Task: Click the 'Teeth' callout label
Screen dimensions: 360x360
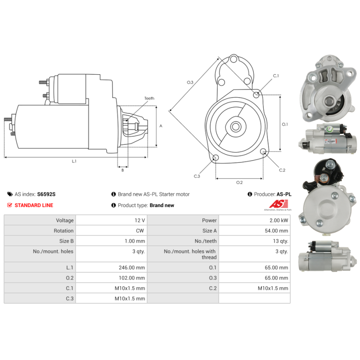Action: click(149, 98)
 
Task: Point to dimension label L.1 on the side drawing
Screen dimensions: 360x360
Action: click(74, 161)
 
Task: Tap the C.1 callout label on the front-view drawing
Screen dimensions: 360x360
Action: click(276, 76)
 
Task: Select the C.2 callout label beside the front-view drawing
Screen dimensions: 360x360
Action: click(282, 170)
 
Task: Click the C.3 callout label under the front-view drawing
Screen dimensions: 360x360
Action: click(197, 176)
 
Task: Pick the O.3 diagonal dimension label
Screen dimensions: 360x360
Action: click(190, 82)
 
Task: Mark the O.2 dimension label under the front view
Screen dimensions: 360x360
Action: click(239, 182)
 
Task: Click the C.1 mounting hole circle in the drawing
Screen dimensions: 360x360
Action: click(256, 94)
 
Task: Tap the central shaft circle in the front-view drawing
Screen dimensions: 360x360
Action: click(235, 126)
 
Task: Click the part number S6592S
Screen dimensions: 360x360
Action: click(46, 194)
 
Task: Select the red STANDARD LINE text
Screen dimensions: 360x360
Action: click(34, 205)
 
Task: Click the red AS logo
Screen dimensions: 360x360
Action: click(279, 204)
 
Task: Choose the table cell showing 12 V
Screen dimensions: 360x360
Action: click(111, 220)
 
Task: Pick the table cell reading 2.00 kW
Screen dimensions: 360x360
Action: click(254, 220)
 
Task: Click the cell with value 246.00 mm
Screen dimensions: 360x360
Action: click(111, 267)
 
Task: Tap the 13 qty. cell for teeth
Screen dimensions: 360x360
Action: click(254, 241)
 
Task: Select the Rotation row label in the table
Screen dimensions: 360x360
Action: click(63, 231)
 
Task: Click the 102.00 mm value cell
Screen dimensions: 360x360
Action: click(111, 278)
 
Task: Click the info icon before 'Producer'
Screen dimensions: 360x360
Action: click(250, 194)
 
